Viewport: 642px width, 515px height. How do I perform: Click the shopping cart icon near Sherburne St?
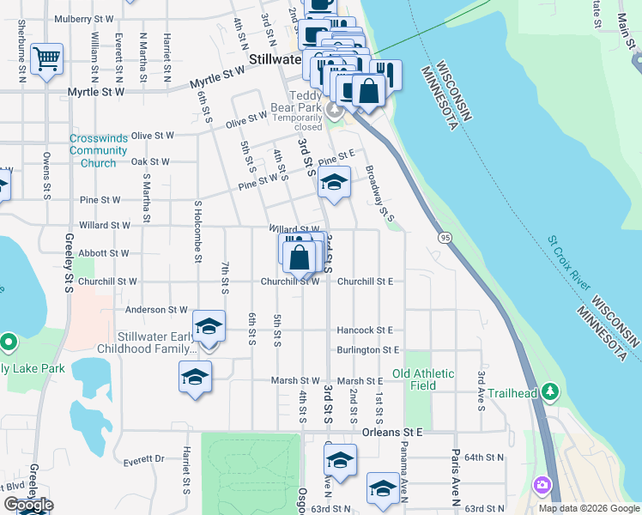46,59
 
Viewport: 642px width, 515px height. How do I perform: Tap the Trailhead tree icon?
550,392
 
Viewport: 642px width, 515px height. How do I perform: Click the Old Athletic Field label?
426,379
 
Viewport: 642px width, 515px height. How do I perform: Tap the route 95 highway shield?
444,237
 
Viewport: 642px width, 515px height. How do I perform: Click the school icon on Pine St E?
334,182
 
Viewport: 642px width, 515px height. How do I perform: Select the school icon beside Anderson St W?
209,327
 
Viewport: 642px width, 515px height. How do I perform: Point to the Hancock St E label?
365,330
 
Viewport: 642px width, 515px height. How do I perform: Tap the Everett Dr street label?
142,460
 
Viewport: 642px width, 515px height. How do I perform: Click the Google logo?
27,505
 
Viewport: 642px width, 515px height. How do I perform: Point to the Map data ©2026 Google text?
588,508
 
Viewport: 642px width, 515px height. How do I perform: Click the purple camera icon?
542,485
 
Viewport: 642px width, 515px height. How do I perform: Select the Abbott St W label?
104,253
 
